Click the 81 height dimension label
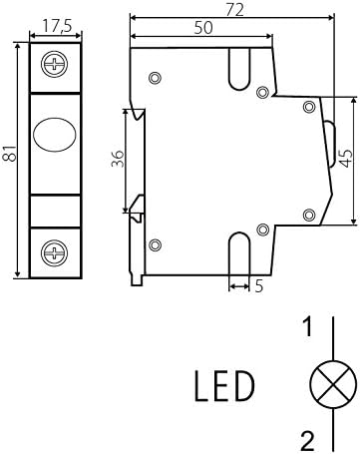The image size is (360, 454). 10,154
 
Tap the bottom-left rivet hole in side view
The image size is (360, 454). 154,242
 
